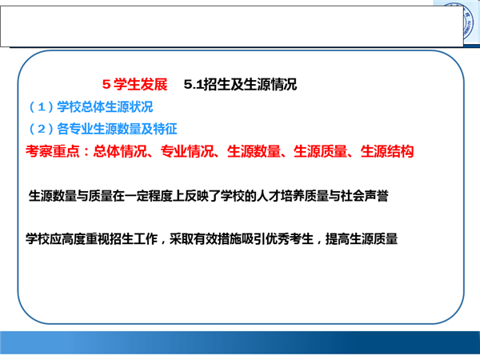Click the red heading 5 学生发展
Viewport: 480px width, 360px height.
(x=134, y=84)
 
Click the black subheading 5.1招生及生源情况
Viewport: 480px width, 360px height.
(x=240, y=84)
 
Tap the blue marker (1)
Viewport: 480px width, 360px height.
(x=42, y=107)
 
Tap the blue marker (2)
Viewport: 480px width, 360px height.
(x=42, y=129)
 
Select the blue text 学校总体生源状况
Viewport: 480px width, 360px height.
(x=105, y=107)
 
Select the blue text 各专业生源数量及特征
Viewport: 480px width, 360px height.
(x=117, y=129)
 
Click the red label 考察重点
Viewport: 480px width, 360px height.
(x=52, y=151)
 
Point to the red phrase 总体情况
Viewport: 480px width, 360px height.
(x=120, y=151)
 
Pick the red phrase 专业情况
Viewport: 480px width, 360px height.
(x=187, y=151)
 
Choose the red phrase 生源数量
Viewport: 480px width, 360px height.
(x=254, y=151)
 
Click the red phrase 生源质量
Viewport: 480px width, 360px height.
(x=321, y=151)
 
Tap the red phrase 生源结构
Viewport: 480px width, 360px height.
(x=387, y=151)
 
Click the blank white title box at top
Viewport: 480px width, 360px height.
(x=232, y=26)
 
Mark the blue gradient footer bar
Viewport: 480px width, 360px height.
(x=240, y=342)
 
